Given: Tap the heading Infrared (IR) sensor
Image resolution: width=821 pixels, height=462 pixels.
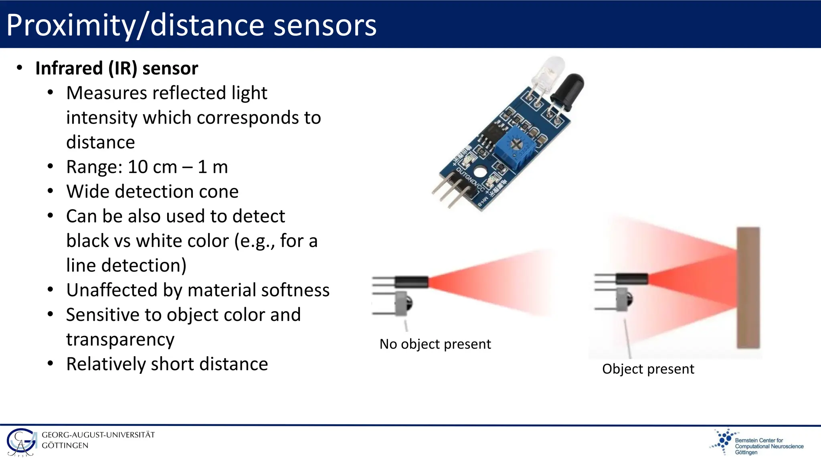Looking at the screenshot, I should coord(117,68).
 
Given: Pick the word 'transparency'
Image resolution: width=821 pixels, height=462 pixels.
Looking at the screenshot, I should coord(120,340).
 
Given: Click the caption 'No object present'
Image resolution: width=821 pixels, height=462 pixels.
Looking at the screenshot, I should coord(435,344).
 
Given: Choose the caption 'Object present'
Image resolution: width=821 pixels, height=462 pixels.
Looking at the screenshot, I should coord(648,369).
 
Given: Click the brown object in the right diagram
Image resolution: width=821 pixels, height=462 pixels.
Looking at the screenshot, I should coord(748,288).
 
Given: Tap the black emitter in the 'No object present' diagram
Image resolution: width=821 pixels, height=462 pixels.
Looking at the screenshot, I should coord(411,282).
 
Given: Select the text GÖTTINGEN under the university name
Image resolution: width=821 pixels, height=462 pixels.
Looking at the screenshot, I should coord(65,446).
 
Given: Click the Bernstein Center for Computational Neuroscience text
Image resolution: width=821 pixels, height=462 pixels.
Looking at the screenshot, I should coord(769,446).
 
